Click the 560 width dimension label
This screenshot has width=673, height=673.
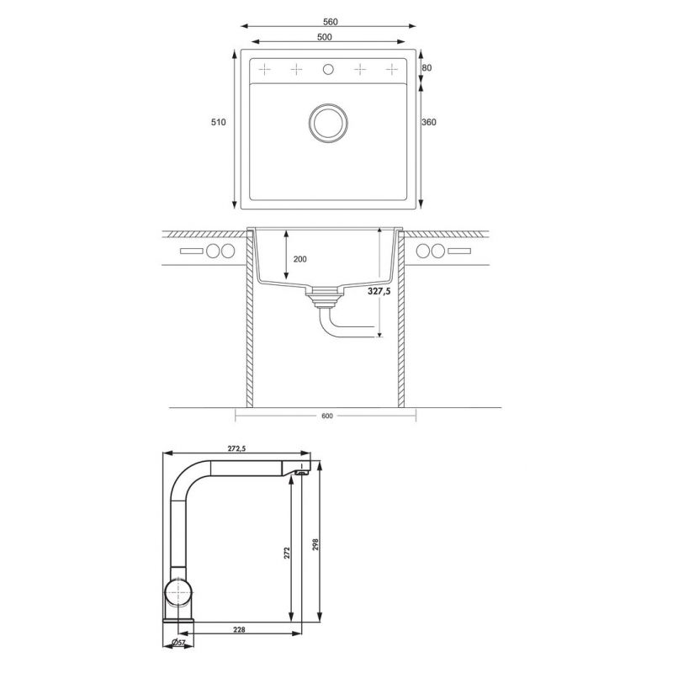330,22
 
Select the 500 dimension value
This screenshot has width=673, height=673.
325,37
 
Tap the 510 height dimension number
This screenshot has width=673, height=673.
218,122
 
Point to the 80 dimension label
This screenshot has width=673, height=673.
427,68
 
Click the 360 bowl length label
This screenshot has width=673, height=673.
429,122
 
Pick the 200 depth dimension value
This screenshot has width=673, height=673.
300,259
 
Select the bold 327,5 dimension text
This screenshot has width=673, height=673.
379,291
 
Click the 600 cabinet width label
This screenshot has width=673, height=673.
327,416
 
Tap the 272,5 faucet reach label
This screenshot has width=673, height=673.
236,448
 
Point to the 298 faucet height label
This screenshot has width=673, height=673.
315,544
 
